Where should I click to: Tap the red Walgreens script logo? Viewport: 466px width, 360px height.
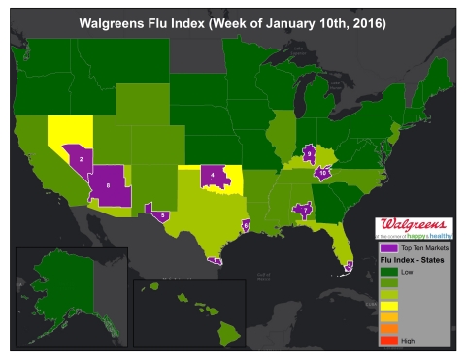click(414, 224)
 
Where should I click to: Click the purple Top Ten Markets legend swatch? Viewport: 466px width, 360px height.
click(385, 249)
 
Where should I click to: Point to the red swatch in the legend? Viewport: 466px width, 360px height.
click(385, 340)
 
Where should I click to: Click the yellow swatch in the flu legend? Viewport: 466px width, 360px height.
click(385, 306)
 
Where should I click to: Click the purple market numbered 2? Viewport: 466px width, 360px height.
click(79, 156)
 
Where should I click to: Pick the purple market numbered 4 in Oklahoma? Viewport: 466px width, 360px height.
click(213, 176)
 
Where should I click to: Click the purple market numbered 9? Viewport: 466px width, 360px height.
click(309, 152)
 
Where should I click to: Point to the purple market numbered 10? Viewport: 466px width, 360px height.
click(323, 174)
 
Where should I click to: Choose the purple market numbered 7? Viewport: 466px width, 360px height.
click(305, 209)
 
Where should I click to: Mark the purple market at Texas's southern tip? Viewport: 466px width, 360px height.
click(216, 259)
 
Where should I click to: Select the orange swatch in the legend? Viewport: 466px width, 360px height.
click(385, 328)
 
